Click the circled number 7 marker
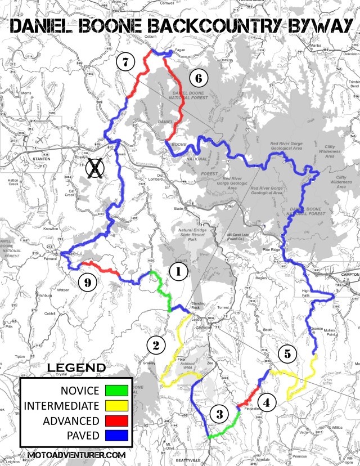coord(125,61)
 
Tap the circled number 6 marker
coord(197,78)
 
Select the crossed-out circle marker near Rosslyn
coord(97,167)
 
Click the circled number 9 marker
coord(87,283)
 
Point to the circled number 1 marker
coord(178,272)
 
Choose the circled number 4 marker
coord(267,402)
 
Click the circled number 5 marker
coord(287,354)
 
